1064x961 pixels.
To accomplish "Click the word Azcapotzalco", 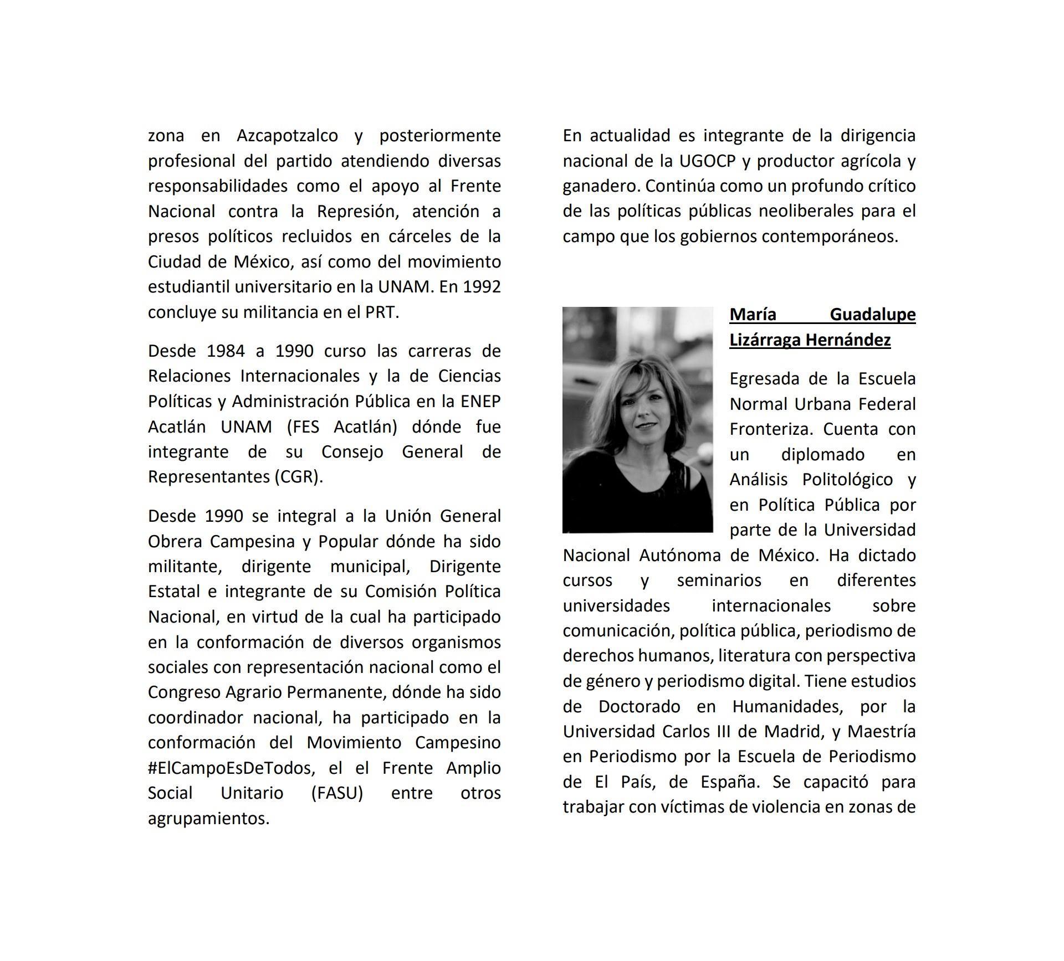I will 287,136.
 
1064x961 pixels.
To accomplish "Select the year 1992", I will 482,287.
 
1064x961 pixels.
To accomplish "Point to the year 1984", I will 226,351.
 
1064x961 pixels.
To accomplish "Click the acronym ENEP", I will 480,402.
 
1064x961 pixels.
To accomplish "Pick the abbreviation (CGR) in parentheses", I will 298,477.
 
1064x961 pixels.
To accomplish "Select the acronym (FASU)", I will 337,793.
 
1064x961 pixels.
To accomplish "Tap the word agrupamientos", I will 208,819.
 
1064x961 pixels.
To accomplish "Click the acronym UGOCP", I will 707,161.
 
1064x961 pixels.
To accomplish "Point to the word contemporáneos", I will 830,237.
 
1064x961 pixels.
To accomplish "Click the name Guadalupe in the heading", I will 872,315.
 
